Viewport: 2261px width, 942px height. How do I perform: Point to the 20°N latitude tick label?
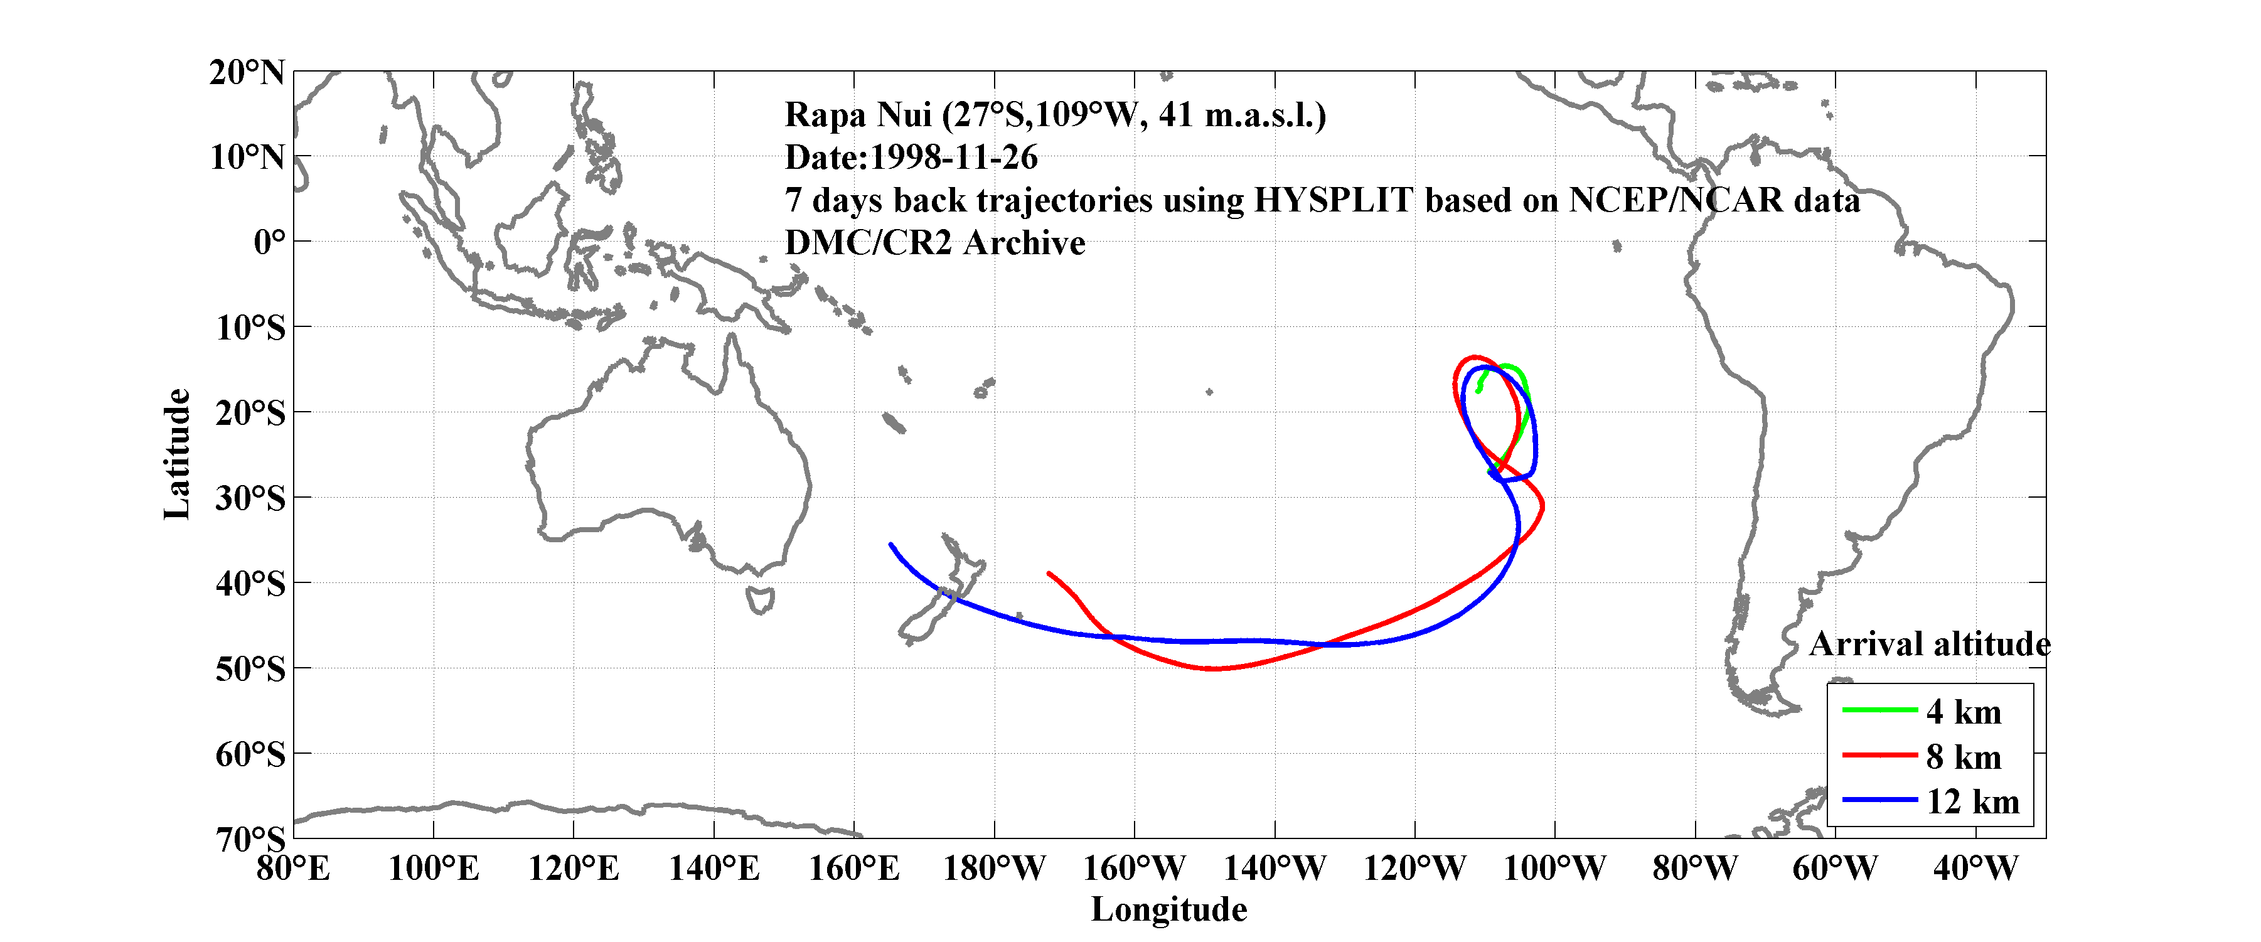pyautogui.click(x=247, y=72)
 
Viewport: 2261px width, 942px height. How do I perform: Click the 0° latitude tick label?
pyautogui.click(x=269, y=242)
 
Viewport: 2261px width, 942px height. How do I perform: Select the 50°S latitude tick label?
pyautogui.click(x=250, y=669)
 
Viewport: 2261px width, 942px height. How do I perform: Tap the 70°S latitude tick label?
pyautogui.click(x=250, y=839)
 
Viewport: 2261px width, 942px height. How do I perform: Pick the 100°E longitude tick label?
pyautogui.click(x=434, y=868)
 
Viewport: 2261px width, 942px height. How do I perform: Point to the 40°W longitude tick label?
pyautogui.click(x=1975, y=868)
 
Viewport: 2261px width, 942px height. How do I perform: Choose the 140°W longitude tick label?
pyautogui.click(x=1275, y=868)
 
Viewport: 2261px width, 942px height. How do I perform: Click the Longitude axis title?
pyautogui.click(x=1168, y=909)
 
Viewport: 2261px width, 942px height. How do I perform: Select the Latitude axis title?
pyautogui.click(x=178, y=454)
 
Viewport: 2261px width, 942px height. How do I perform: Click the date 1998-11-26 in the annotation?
pyautogui.click(x=953, y=157)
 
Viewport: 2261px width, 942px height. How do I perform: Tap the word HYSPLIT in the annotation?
pyautogui.click(x=1332, y=200)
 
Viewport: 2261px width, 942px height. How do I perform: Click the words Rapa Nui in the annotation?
pyautogui.click(x=858, y=115)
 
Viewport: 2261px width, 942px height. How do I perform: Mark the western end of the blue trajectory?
pyautogui.click(x=891, y=545)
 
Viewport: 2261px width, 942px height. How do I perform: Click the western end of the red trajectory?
pyautogui.click(x=1049, y=573)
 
